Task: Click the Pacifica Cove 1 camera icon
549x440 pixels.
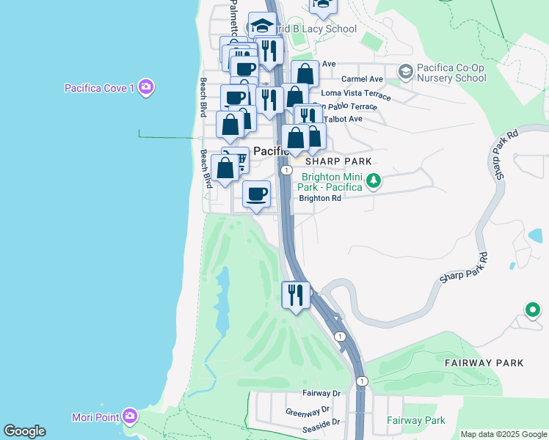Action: (146, 88)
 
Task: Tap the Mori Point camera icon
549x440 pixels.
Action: (130, 417)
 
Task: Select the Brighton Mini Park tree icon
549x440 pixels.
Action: (374, 180)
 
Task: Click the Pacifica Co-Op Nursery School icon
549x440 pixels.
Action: (405, 71)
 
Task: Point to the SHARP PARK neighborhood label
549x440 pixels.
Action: (339, 161)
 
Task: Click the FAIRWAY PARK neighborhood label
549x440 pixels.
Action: (484, 363)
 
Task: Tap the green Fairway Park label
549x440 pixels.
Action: (415, 421)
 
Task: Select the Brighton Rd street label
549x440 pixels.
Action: (320, 198)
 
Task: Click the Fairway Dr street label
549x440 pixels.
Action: (321, 394)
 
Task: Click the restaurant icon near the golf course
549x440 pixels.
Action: (296, 295)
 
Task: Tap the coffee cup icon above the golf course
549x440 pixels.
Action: (256, 194)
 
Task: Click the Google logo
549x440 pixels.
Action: (24, 431)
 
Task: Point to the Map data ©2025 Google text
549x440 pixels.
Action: (503, 434)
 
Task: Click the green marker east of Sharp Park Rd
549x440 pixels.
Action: (532, 310)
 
